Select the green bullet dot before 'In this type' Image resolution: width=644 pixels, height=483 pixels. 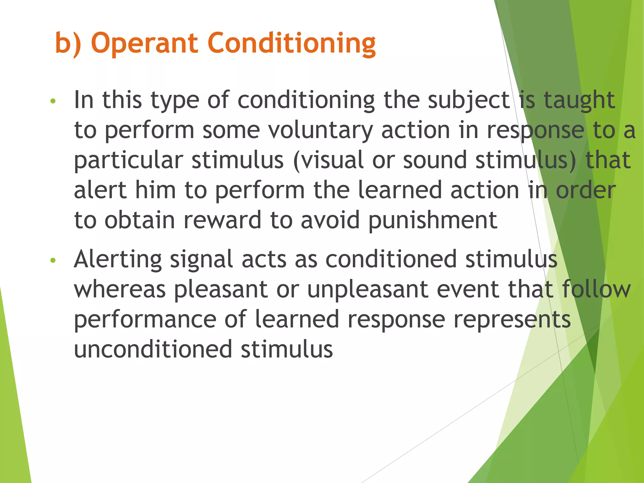(53, 101)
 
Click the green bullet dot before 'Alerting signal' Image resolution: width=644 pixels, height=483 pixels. (53, 260)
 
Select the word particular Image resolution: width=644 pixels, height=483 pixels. (128, 160)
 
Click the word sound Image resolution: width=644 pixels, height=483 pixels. (435, 160)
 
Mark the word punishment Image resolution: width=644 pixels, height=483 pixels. (433, 220)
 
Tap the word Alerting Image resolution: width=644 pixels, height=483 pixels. (118, 259)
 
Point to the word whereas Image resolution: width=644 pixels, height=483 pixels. (120, 289)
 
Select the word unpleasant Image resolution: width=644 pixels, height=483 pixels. (368, 289)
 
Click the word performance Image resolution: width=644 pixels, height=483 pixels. (145, 319)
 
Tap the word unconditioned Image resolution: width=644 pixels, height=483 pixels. (153, 349)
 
